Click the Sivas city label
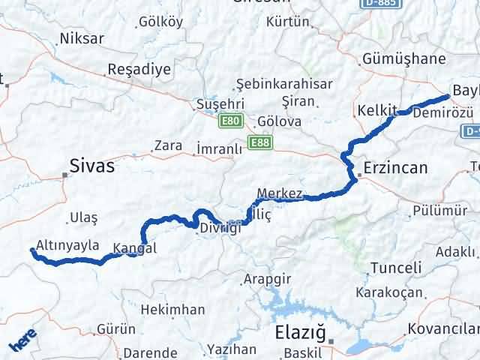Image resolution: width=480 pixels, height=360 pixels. [91, 166]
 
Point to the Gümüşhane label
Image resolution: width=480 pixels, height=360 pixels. [398, 58]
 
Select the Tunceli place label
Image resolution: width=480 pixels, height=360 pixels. [395, 268]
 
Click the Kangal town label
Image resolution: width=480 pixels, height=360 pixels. [136, 248]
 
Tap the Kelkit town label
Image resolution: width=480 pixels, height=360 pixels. [376, 110]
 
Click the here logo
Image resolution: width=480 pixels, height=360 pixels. [23, 343]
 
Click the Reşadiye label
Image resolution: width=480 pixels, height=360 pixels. [139, 70]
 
